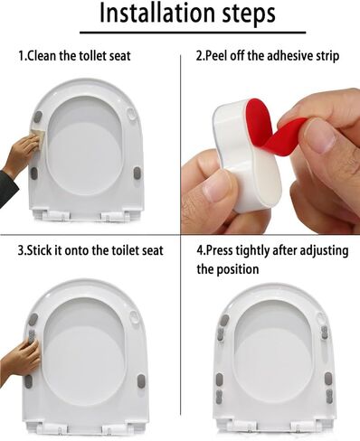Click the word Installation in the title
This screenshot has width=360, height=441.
[157, 13]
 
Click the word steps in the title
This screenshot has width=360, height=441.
[249, 14]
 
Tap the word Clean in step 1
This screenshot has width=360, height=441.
[42, 56]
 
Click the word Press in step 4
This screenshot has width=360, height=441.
[219, 250]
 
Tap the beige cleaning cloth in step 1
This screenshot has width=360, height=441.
[39, 135]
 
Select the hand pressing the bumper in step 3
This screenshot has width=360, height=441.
[21, 359]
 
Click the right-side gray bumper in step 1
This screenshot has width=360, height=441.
[137, 174]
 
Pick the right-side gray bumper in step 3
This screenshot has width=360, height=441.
[141, 381]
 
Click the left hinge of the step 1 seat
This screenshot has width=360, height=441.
[57, 214]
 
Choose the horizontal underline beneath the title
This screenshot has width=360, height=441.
[193, 32]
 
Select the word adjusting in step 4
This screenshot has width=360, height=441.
[323, 251]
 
